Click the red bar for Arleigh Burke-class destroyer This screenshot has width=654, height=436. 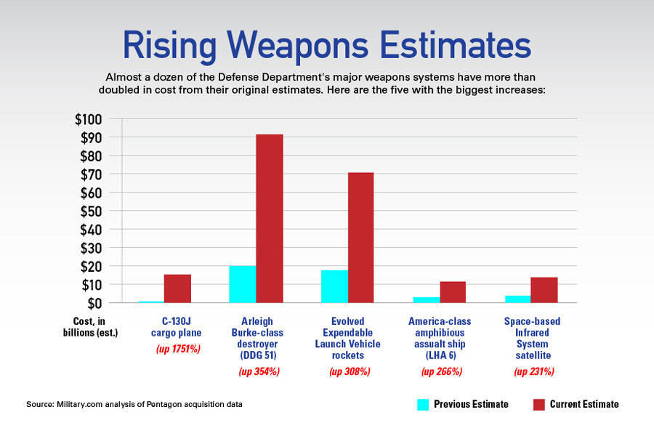[x=269, y=218]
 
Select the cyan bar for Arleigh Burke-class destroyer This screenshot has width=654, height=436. [x=242, y=284]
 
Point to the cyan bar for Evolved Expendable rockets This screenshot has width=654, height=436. [x=334, y=286]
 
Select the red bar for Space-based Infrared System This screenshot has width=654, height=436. [x=544, y=290]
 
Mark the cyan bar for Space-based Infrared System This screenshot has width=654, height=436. [x=517, y=299]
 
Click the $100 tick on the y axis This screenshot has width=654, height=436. [x=90, y=119]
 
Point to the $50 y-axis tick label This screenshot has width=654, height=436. [x=93, y=211]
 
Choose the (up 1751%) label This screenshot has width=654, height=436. [x=177, y=350]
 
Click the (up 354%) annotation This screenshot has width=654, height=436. [x=259, y=372]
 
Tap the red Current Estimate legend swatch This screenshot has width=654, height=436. [x=538, y=404]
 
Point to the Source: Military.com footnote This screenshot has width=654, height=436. [x=134, y=405]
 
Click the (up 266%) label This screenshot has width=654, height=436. [x=442, y=372]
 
